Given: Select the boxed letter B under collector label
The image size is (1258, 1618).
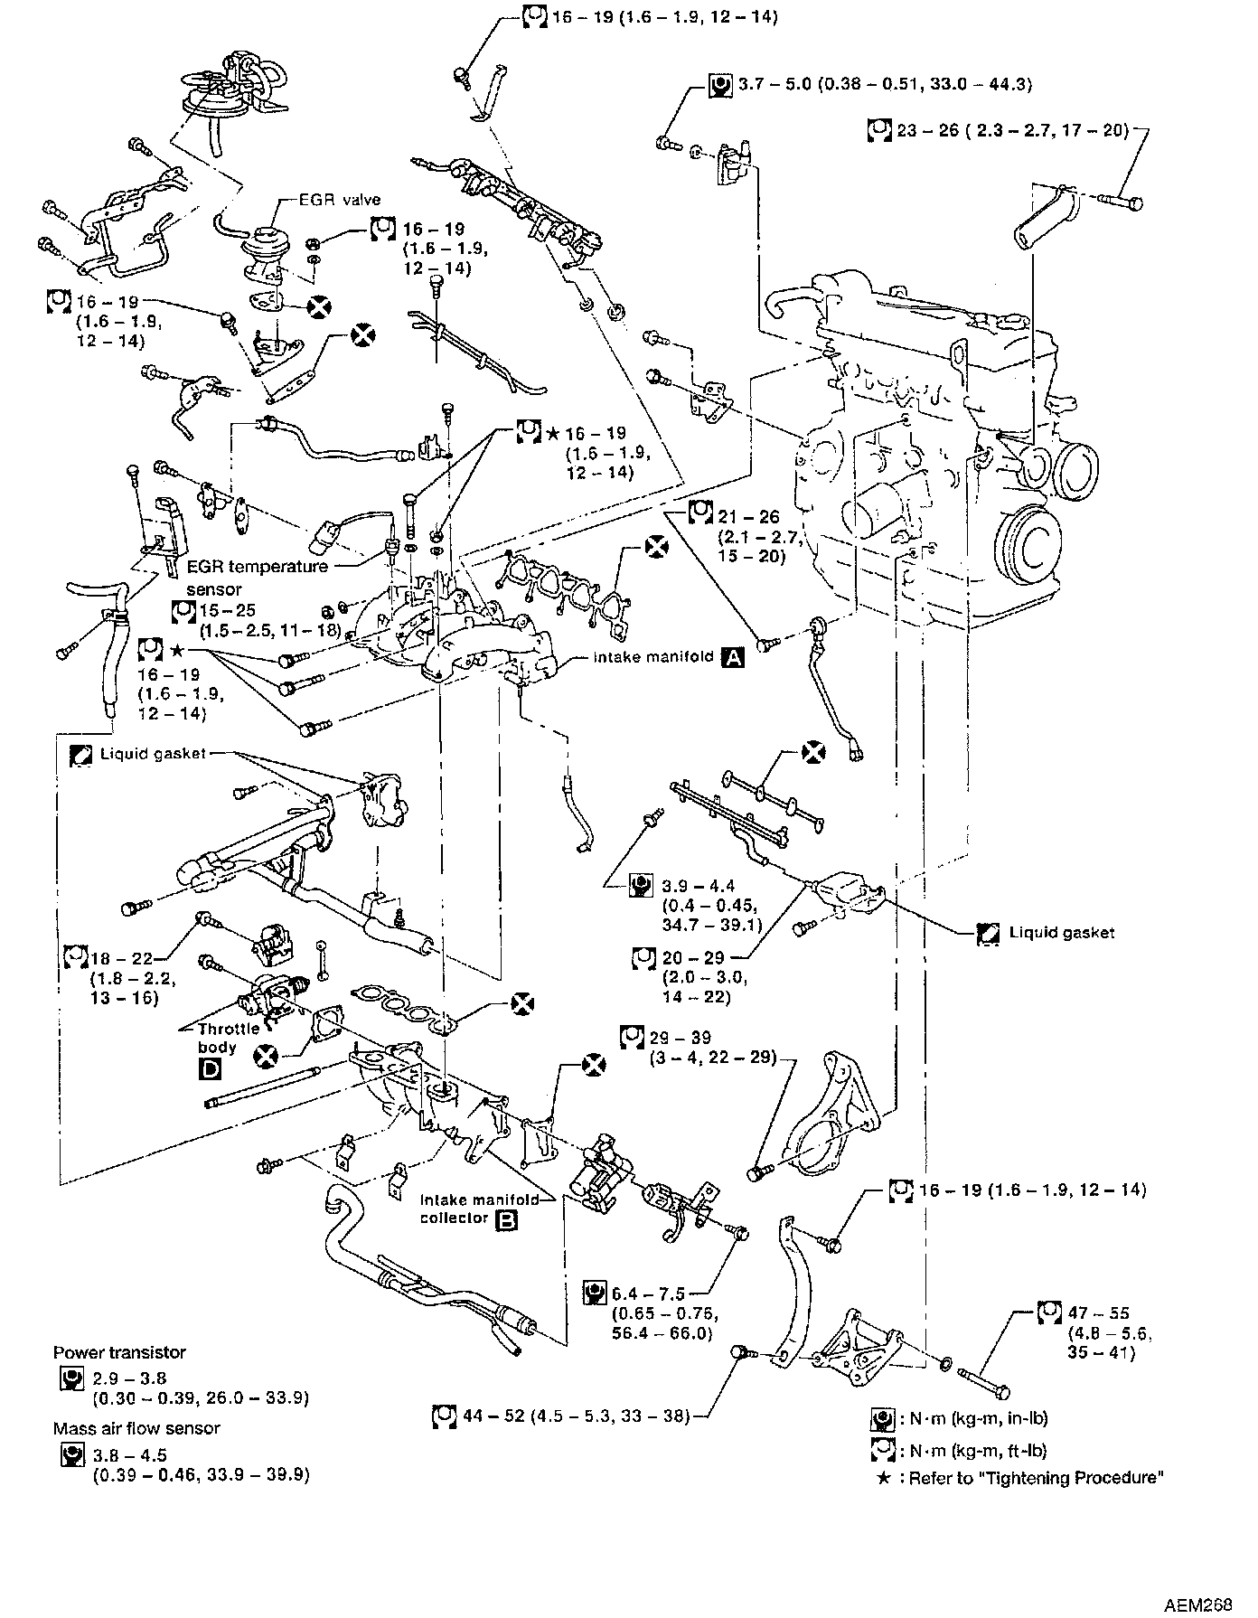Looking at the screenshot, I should point(507,1218).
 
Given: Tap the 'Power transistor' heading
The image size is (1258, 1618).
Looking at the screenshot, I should point(119,1352).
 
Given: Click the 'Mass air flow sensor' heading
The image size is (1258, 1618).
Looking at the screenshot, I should point(136,1428).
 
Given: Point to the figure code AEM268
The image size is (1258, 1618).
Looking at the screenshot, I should point(1197,1604).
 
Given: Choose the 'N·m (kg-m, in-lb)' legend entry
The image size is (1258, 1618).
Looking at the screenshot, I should point(974,1418).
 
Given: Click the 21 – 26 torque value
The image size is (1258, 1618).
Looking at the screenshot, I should point(748,518).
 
